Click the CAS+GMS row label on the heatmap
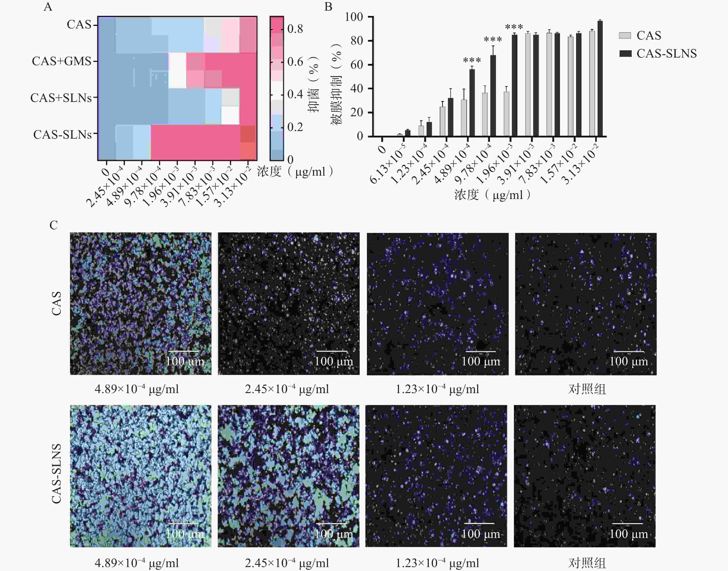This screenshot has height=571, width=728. tap(61, 61)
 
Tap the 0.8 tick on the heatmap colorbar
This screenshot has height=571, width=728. tap(295, 29)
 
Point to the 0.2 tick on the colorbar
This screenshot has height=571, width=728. tap(295, 127)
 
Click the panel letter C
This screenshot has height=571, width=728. tap(54, 225)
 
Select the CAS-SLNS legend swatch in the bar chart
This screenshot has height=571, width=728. tap(625, 53)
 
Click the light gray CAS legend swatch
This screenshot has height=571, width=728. tap(625, 35)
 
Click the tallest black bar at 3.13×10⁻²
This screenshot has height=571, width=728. tap(600, 79)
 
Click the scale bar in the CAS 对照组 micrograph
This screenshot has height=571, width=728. tap(629, 351)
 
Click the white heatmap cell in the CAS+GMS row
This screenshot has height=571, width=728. tap(177, 70)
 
